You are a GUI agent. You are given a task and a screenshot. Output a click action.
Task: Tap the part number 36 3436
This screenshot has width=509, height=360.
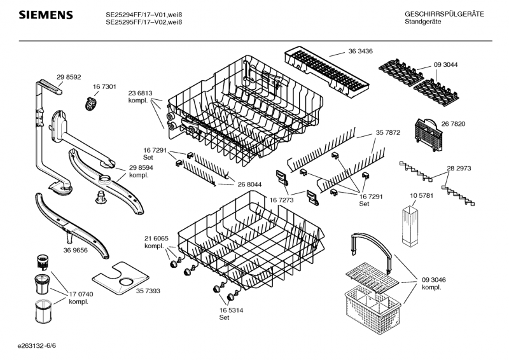point(360,51)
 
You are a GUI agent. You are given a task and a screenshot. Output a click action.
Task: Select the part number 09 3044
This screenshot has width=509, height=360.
point(446,65)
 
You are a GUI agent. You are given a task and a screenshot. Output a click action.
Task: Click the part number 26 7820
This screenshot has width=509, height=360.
point(454,124)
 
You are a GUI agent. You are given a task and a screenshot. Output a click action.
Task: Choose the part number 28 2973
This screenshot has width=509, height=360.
point(459,169)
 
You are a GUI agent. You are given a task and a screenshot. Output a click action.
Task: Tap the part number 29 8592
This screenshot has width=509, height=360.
point(69,77)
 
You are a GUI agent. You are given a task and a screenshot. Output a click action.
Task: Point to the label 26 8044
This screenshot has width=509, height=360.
point(250,184)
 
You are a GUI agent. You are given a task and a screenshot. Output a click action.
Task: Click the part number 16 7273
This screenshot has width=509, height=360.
point(281,200)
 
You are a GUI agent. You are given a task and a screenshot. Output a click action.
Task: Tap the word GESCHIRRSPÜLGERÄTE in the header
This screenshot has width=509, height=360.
point(444,14)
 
